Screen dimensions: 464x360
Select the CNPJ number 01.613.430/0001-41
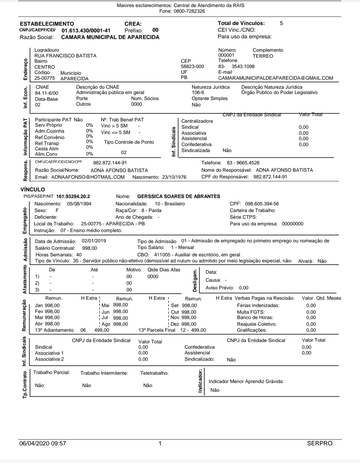click(x=86, y=30)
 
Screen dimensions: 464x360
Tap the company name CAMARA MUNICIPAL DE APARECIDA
click(x=110, y=37)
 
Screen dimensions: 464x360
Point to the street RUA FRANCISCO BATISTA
click(x=65, y=56)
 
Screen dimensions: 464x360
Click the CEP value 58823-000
click(x=192, y=66)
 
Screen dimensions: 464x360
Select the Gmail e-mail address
click(x=275, y=78)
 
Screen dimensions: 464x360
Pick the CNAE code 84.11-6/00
click(x=46, y=93)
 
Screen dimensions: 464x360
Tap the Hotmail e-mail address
click(x=88, y=177)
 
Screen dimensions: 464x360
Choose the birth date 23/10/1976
click(x=174, y=177)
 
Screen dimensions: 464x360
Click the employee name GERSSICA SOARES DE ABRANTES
click(x=179, y=196)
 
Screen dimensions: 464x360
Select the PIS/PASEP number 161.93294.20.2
click(x=73, y=196)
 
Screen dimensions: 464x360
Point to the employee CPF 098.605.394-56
click(x=262, y=204)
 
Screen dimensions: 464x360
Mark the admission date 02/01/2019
click(x=94, y=241)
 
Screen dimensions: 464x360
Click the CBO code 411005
click(x=162, y=255)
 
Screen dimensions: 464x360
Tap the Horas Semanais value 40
click(x=79, y=255)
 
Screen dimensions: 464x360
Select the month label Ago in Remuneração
click(x=106, y=324)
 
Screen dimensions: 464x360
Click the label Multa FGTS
click(x=251, y=312)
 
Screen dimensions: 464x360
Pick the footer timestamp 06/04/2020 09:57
click(x=43, y=443)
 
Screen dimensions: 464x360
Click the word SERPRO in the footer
click(x=319, y=443)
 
